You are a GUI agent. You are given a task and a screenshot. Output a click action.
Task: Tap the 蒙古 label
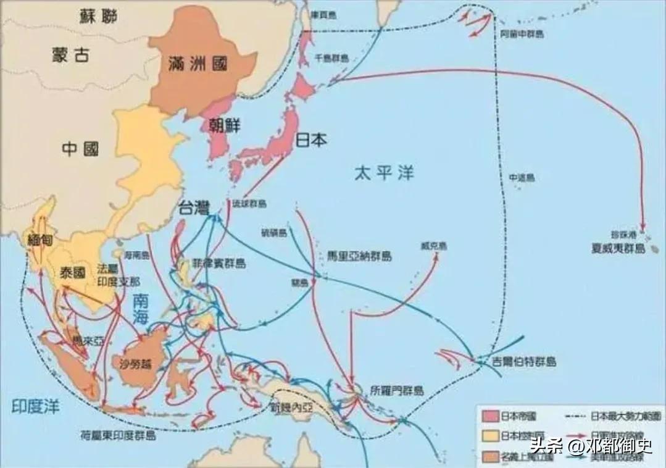(70, 55)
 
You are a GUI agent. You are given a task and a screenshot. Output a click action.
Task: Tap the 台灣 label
(193, 208)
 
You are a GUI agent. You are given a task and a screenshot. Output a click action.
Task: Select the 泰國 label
(73, 274)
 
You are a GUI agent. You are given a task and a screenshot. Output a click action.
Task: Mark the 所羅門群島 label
(397, 390)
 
